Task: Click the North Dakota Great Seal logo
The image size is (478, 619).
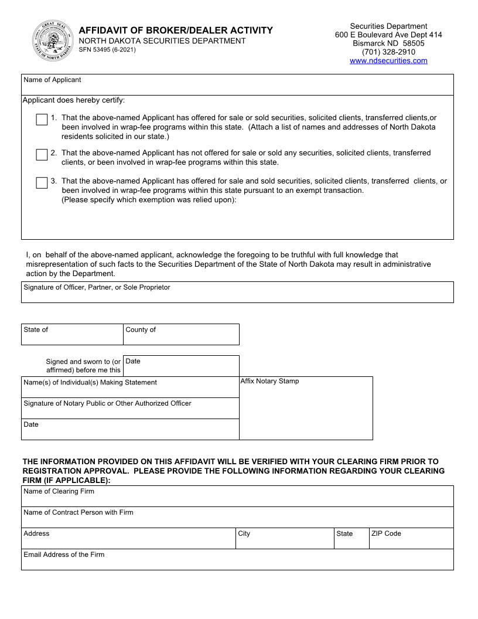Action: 53,42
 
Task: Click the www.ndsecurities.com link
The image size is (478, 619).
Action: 388,60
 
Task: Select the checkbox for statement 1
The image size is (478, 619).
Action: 42,120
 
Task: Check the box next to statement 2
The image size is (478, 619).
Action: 42,155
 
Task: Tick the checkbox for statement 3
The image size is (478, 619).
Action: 42,183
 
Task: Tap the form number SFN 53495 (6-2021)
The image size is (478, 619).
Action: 107,50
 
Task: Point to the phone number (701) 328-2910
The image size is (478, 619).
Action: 388,52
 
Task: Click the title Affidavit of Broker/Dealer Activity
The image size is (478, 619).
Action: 176,30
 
